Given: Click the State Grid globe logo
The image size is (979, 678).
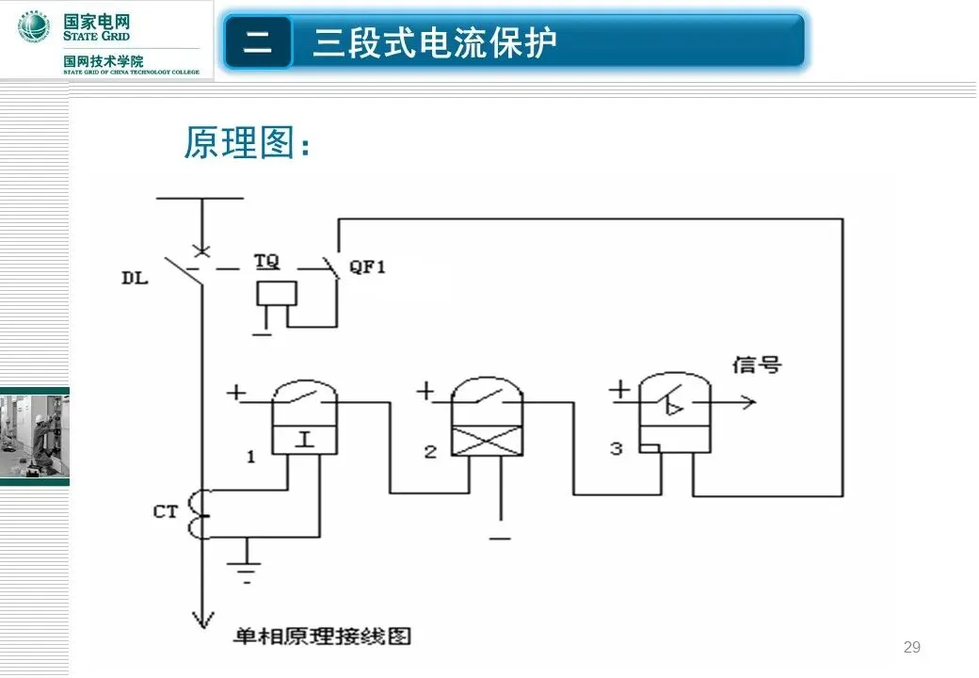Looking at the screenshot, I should pyautogui.click(x=34, y=28).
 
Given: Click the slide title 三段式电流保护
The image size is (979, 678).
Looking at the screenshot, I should pyautogui.click(x=435, y=42).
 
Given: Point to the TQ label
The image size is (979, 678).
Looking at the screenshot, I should pyautogui.click(x=267, y=260).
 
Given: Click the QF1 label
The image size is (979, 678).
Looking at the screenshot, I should pyautogui.click(x=368, y=266).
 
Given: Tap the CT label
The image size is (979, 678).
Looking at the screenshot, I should pyautogui.click(x=166, y=513).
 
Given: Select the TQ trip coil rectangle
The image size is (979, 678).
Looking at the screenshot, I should pyautogui.click(x=277, y=293).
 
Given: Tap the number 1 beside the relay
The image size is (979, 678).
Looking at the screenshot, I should pyautogui.click(x=251, y=457).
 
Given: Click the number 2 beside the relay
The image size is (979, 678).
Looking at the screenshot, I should pyautogui.click(x=430, y=452).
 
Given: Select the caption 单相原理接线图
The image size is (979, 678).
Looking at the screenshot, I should pyautogui.click(x=323, y=637).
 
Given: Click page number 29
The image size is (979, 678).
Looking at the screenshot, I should pyautogui.click(x=911, y=647).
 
